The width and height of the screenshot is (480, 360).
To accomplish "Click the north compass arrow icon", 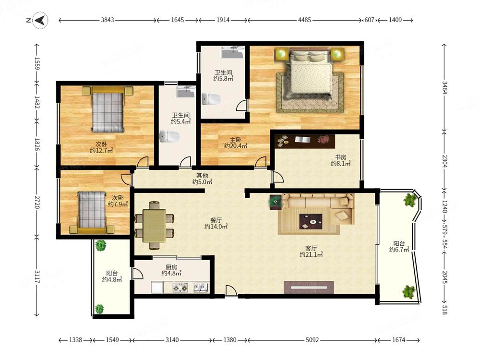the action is pyautogui.click(x=40, y=21).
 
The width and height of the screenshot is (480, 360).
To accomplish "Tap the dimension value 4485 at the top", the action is pyautogui.click(x=304, y=20).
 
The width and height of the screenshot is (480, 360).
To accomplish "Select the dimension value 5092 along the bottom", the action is pyautogui.click(x=312, y=340).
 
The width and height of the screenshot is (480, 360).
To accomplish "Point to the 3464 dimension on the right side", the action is pyautogui.click(x=444, y=88).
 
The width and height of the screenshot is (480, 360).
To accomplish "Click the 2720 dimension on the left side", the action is pyautogui.click(x=37, y=202).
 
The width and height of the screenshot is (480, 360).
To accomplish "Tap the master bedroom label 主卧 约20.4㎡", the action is pyautogui.click(x=236, y=143).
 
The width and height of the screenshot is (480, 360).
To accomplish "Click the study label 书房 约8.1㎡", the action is pyautogui.click(x=340, y=160).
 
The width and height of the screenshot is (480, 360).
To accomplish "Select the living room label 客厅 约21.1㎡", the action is pyautogui.click(x=311, y=251).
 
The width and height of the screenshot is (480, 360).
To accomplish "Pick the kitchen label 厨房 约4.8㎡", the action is pyautogui.click(x=171, y=270).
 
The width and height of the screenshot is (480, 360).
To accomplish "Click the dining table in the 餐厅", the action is pyautogui.click(x=154, y=225).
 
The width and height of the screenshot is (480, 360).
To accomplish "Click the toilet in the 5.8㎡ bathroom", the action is pyautogui.click(x=211, y=99).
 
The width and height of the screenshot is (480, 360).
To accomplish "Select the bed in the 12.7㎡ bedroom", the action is pyautogui.click(x=108, y=109).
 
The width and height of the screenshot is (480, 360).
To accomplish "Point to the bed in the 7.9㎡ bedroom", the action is pyautogui.click(x=92, y=212).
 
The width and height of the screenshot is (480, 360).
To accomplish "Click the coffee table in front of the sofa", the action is pyautogui.click(x=311, y=221).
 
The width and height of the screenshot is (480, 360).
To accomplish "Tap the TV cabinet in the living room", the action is pyautogui.click(x=309, y=287).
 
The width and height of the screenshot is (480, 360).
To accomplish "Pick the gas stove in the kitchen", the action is pyautogui.click(x=180, y=288).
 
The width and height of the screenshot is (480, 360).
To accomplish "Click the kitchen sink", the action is pyautogui.click(x=201, y=287).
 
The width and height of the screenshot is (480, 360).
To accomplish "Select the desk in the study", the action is pyautogui.click(x=305, y=141).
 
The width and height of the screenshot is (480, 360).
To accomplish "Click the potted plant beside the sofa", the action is pyautogui.click(x=276, y=202).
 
